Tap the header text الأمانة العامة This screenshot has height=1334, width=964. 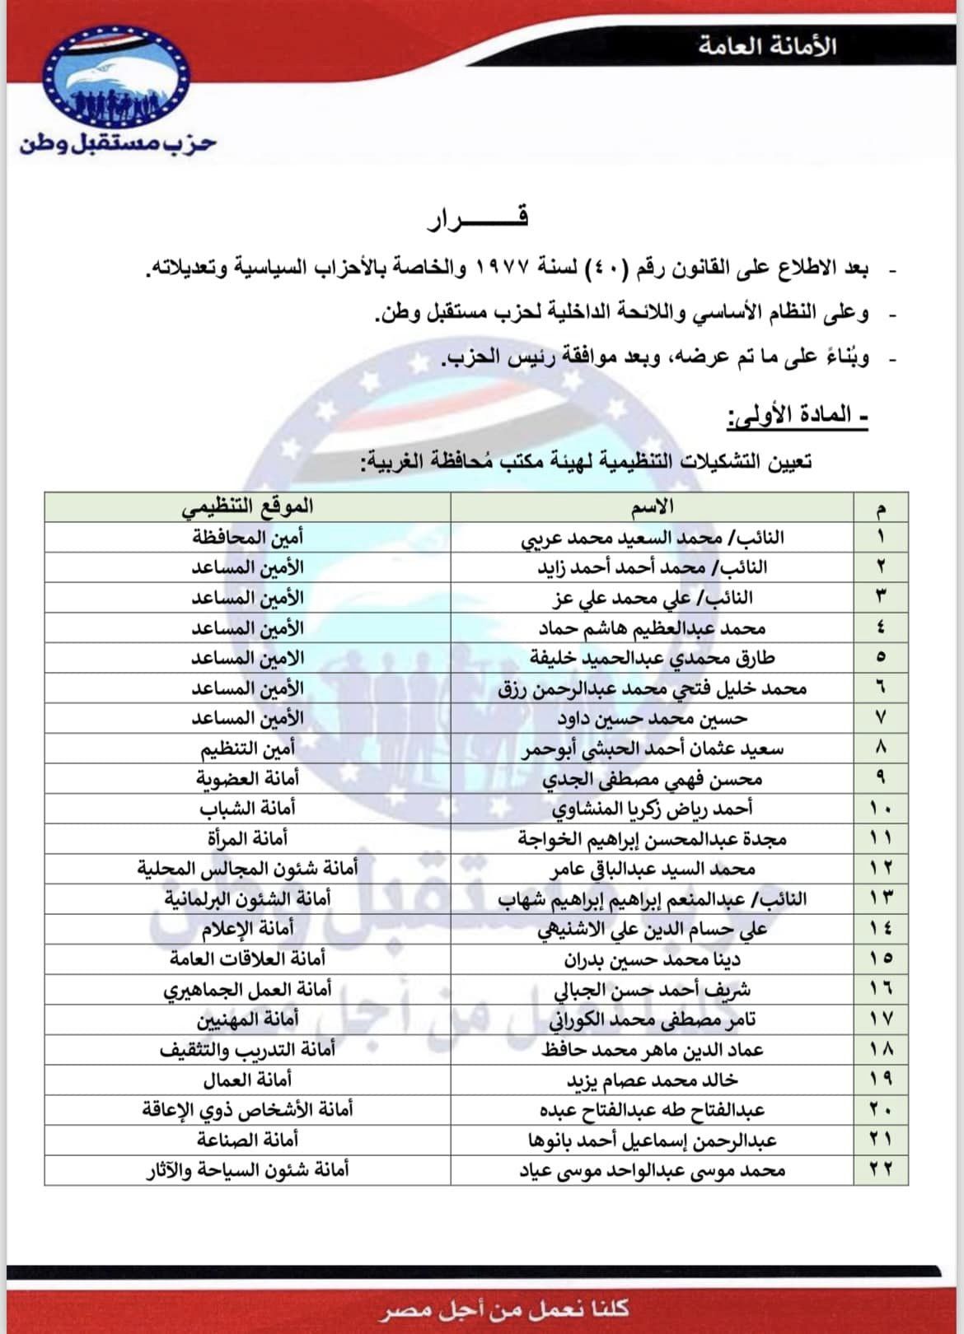pyautogui.click(x=767, y=46)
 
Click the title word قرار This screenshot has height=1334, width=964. pyautogui.click(x=478, y=217)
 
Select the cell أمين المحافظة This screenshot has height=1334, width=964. pyautogui.click(x=247, y=538)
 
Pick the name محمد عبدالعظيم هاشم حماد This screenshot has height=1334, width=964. pyautogui.click(x=652, y=628)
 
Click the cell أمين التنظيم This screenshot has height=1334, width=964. pyautogui.click(x=247, y=749)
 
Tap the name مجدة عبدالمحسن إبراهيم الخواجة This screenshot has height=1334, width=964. pyautogui.click(x=652, y=839)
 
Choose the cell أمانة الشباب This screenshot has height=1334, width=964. pyautogui.click(x=247, y=809)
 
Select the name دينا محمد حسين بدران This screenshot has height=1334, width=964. pyautogui.click(x=652, y=959)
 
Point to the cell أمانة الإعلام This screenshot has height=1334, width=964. pyautogui.click(x=247, y=929)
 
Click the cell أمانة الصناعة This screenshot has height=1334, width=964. pyautogui.click(x=247, y=1140)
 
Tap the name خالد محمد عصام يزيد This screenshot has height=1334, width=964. pyautogui.click(x=652, y=1080)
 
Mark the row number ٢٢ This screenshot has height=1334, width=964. pyautogui.click(x=881, y=1170)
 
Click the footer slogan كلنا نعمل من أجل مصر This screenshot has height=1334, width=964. pyautogui.click(x=504, y=1308)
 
